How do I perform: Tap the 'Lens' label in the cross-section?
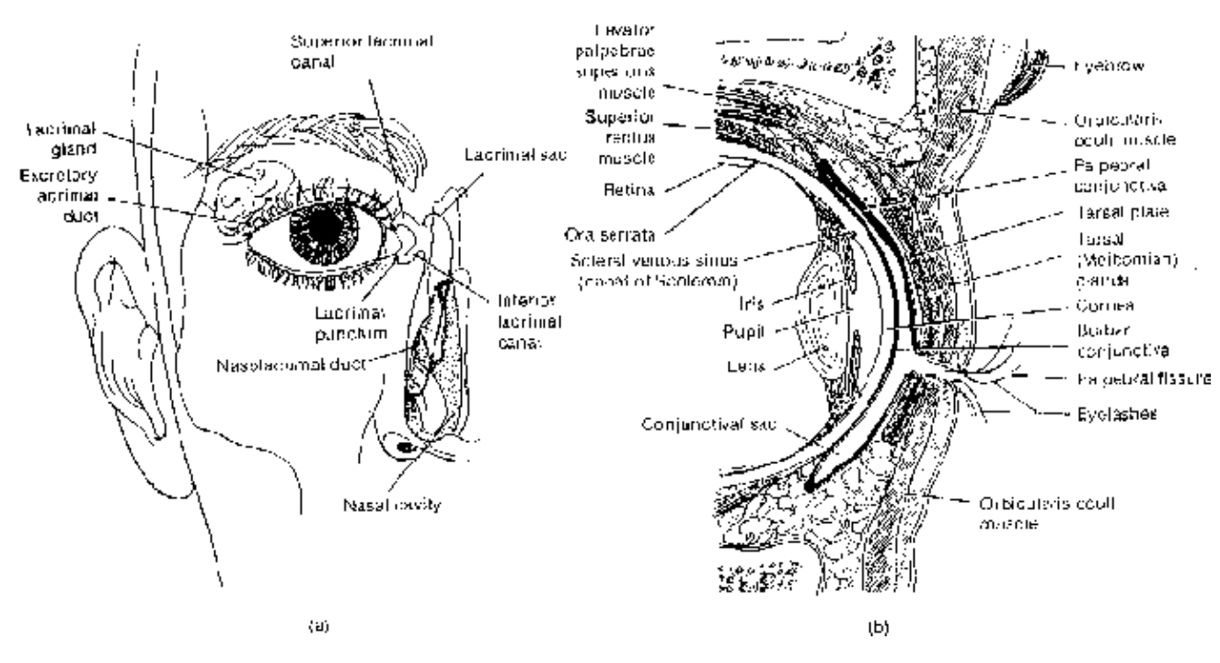(756, 366)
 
